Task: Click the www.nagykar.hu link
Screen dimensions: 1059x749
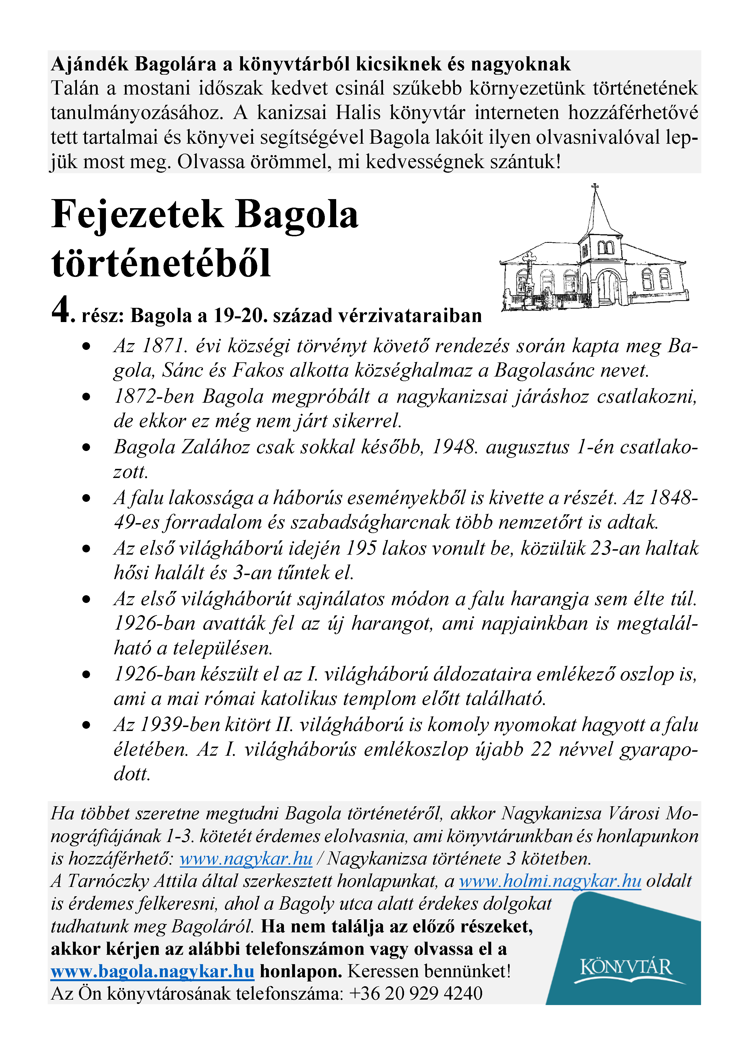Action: [x=246, y=859]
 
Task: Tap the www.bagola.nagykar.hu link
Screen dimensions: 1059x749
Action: [x=152, y=971]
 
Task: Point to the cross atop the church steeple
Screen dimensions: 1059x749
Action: [x=595, y=187]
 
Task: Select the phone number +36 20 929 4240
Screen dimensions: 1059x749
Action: [x=416, y=993]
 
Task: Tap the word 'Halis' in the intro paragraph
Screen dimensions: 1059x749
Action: [x=358, y=112]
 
